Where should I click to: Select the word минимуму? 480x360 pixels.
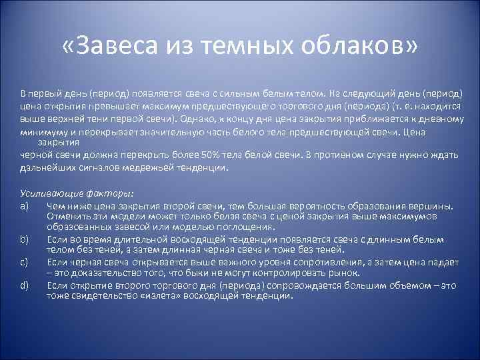[x=40, y=131]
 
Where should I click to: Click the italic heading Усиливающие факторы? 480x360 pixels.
[x=77, y=193]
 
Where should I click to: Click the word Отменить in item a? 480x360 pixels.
[x=67, y=216]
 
